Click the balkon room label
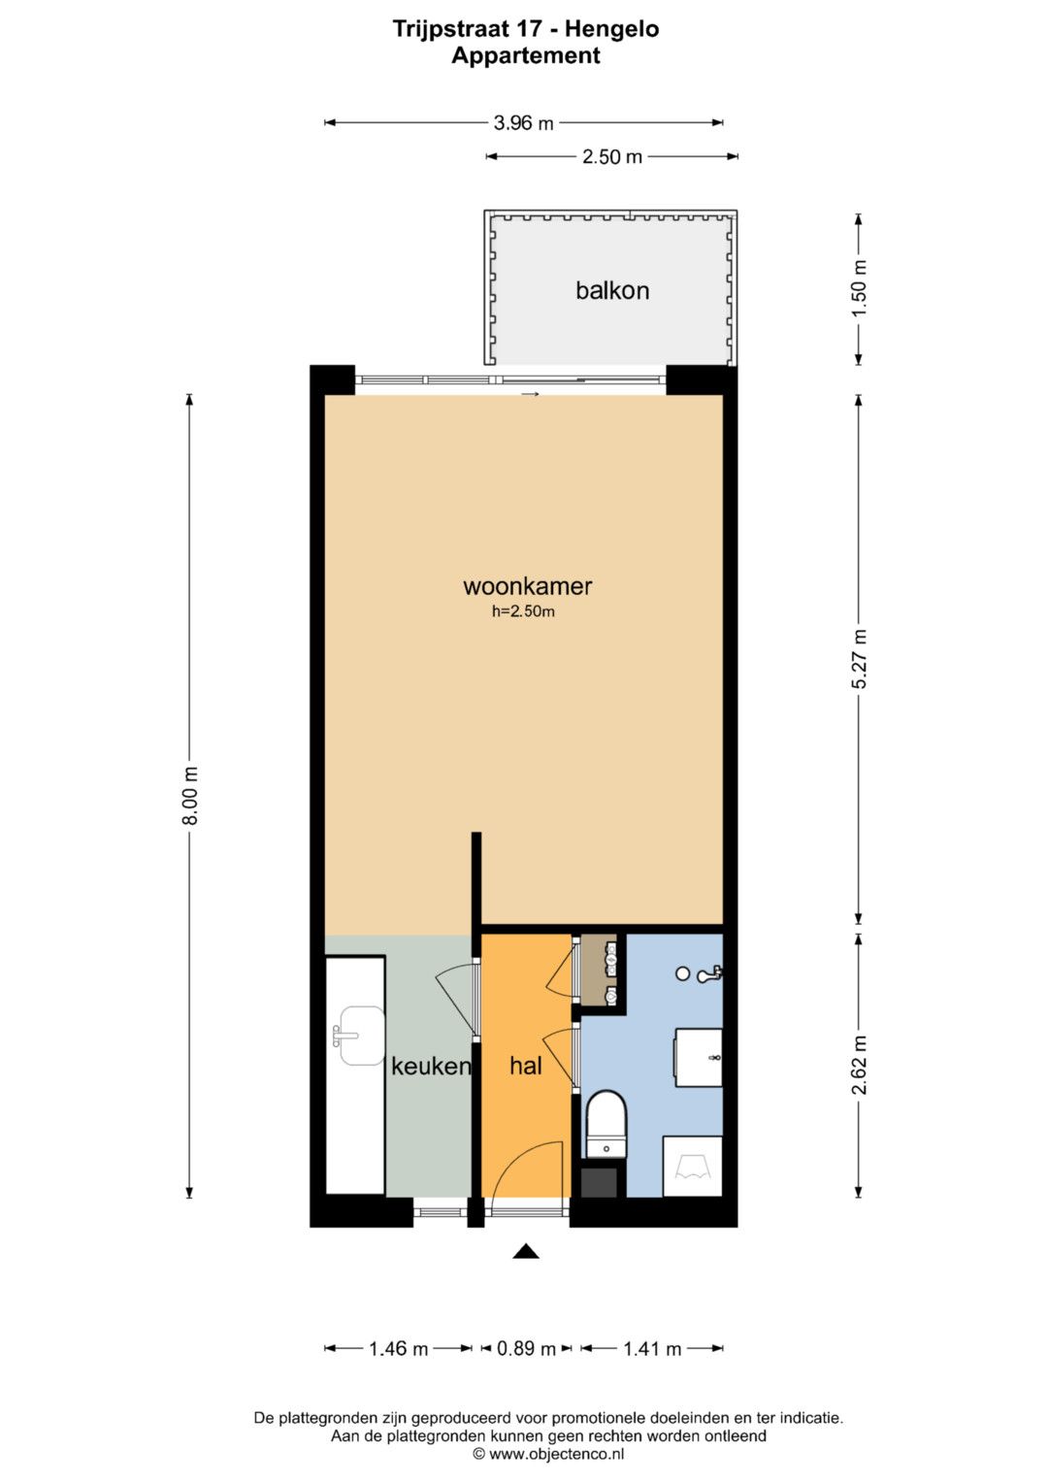coord(612,290)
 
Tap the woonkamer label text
coord(527,585)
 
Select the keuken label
coord(431,1066)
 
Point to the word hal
coord(526,1066)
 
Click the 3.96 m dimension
coord(523,123)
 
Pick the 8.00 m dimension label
coord(190,796)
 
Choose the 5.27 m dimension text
coord(859,659)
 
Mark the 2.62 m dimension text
coord(859,1066)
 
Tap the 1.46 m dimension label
coord(398,1348)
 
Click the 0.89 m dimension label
coord(526,1348)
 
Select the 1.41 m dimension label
coord(652,1348)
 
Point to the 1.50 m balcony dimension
coord(859,289)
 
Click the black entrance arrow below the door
coord(526,1251)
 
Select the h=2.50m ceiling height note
coord(523,612)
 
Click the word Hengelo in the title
coord(612,29)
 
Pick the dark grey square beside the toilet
coord(599,1182)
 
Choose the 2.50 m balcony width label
coord(612,157)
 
